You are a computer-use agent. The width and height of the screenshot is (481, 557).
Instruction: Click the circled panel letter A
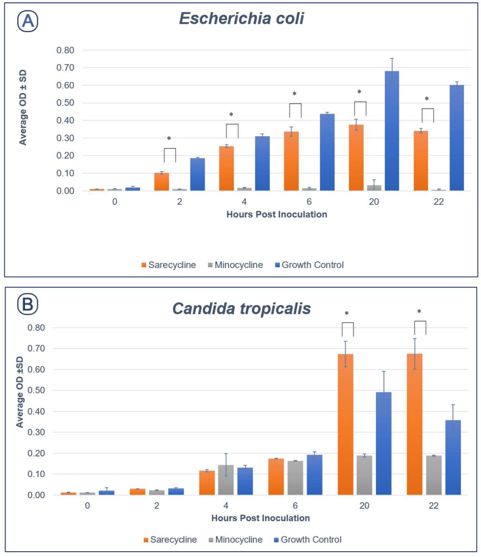(x=28, y=21)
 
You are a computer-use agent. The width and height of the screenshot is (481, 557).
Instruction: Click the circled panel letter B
(x=28, y=304)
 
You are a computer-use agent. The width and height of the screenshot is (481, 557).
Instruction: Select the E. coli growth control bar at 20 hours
(x=392, y=132)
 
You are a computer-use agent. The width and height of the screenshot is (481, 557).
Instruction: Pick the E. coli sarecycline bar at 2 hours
(x=162, y=182)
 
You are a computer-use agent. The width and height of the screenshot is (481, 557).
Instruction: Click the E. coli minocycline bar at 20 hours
(x=374, y=188)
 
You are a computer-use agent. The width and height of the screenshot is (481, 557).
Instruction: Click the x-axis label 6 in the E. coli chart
(x=309, y=202)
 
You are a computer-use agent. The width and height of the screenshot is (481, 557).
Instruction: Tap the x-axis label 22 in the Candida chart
(x=433, y=506)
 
